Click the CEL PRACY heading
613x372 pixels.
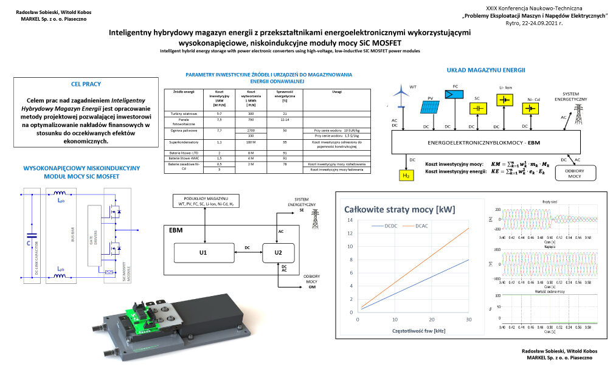[x=86, y=84]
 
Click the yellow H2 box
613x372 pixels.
[x=406, y=176]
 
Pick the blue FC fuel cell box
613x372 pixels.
[x=453, y=94]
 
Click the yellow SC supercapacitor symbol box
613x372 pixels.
[x=479, y=108]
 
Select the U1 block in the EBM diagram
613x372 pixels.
[x=204, y=251]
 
